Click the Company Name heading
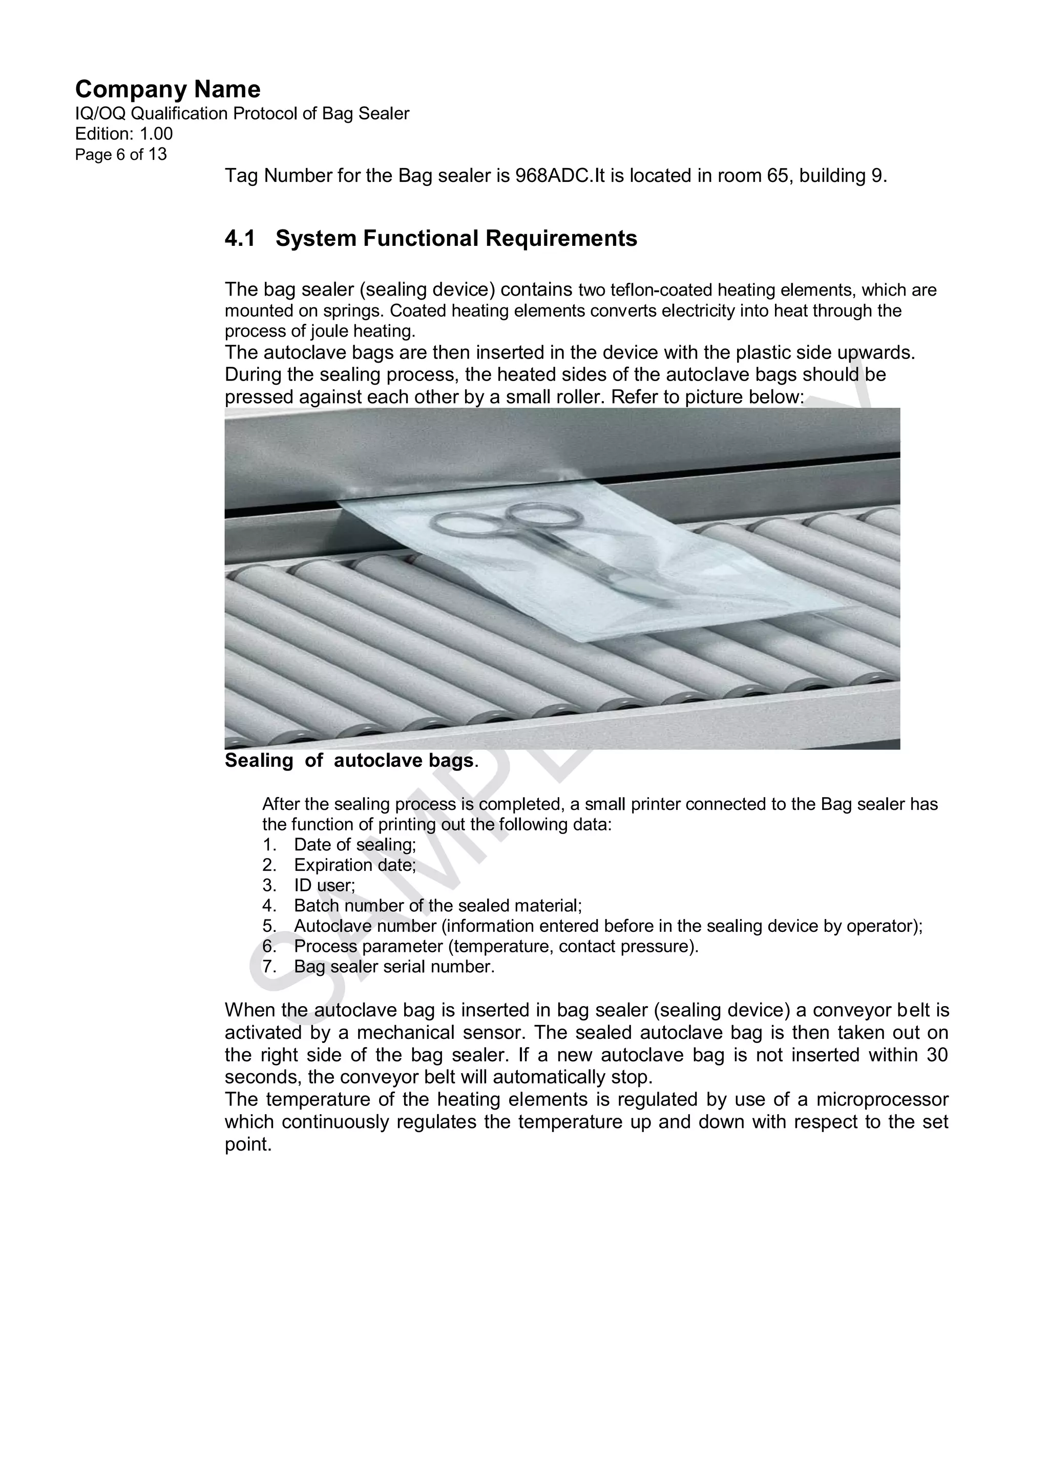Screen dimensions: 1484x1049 click(x=167, y=89)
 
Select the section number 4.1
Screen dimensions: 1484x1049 click(x=239, y=239)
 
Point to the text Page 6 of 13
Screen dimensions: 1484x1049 click(x=121, y=155)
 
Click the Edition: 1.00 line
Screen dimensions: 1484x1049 click(x=124, y=134)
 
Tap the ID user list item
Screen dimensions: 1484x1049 click(x=324, y=886)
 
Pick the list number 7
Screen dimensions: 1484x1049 click(x=269, y=967)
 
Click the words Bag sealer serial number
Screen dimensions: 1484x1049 click(x=394, y=967)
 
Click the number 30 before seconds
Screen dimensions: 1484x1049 click(x=936, y=1055)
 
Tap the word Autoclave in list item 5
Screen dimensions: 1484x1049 click(x=333, y=926)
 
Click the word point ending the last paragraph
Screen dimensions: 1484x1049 click(x=246, y=1145)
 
